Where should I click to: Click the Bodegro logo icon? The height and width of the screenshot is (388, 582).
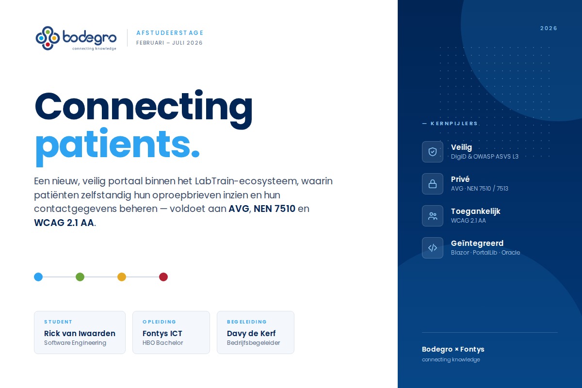coord(48,38)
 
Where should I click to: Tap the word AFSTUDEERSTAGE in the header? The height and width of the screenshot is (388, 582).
coord(170,33)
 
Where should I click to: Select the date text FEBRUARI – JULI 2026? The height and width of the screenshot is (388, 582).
coord(169,43)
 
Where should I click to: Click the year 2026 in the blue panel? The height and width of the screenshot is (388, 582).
coord(549,28)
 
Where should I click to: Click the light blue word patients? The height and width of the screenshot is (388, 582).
coord(117,146)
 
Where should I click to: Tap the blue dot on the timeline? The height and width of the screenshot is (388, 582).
coord(38,277)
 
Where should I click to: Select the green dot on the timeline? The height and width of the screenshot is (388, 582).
coord(80,277)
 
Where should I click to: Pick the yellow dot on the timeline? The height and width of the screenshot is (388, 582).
coord(122,277)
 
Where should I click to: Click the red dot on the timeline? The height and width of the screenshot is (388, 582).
coord(163,277)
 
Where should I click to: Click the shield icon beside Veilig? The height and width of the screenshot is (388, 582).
coord(433,152)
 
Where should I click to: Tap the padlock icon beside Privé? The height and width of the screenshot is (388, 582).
coord(433,184)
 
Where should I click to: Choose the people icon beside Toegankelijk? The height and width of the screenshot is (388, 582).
coord(433,216)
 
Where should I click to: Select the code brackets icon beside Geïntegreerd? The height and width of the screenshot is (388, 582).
coord(433,248)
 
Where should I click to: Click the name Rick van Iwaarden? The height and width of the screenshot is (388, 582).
coord(80,333)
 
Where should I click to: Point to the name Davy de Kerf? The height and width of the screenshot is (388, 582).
coord(251,333)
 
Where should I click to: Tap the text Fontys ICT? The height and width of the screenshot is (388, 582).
coord(162,333)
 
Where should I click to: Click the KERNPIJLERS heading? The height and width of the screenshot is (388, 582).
coord(454,124)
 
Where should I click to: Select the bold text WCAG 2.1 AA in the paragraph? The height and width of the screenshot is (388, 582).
coord(64,223)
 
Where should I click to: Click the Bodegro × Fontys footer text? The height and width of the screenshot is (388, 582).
coord(453,349)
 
